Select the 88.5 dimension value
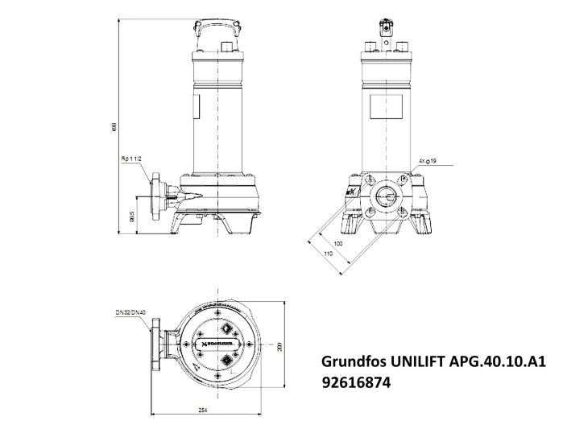[x=132, y=216]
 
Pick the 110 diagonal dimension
[x=329, y=254]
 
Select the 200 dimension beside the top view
[x=279, y=346]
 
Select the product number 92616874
[x=357, y=384]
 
